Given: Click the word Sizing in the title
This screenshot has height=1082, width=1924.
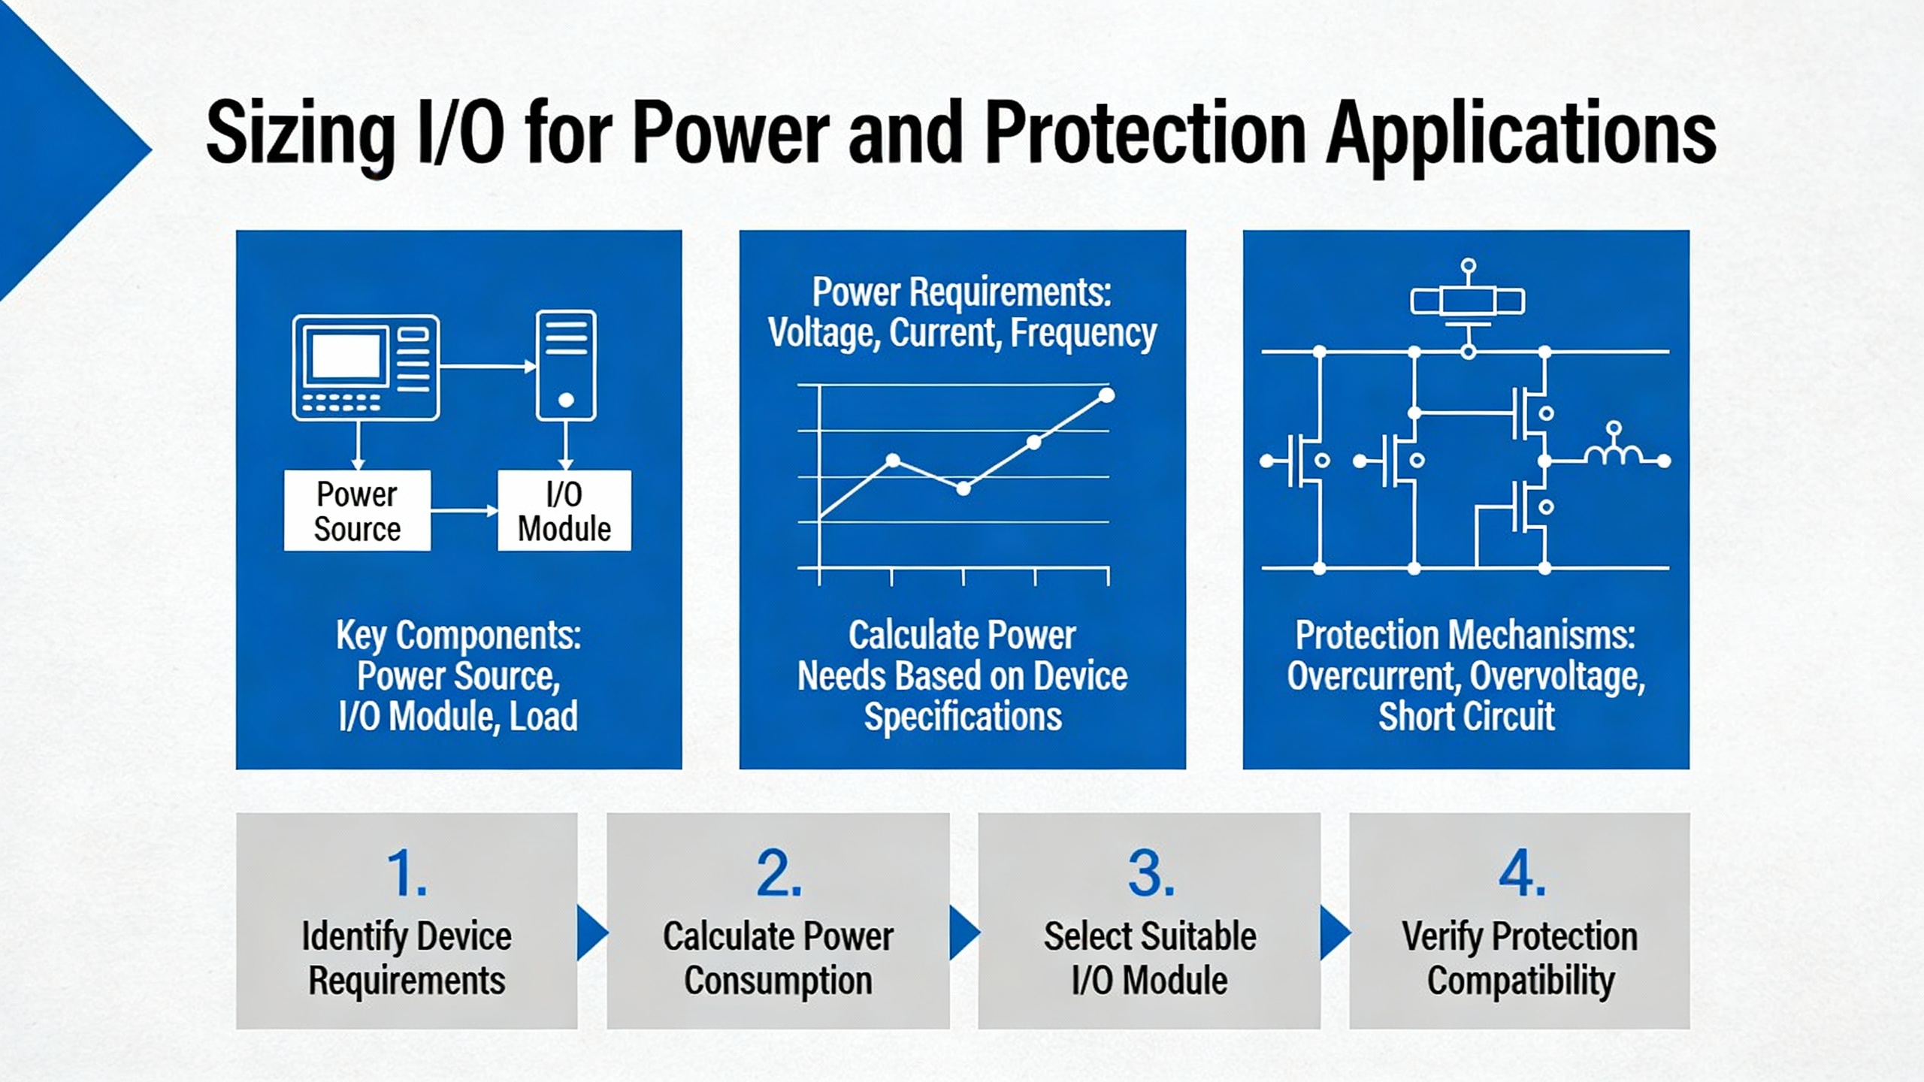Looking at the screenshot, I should tap(301, 135).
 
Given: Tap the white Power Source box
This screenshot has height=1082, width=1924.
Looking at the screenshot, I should tap(357, 511).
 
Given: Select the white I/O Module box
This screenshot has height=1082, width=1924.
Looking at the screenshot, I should tap(564, 511).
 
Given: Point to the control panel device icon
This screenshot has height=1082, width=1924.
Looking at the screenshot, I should tap(366, 367).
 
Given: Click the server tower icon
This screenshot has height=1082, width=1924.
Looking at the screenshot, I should tap(566, 365).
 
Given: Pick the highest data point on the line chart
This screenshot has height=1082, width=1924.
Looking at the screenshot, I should tap(1106, 395).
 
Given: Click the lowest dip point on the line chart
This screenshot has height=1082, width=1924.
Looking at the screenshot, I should tap(964, 488).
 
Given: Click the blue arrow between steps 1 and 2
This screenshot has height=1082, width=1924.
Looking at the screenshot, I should tap(591, 932).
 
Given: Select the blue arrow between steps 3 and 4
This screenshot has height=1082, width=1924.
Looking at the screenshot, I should tap(1334, 932).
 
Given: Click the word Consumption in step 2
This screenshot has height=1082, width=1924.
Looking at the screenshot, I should tap(778, 981).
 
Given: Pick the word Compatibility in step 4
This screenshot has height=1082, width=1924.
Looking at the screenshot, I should tap(1520, 981).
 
